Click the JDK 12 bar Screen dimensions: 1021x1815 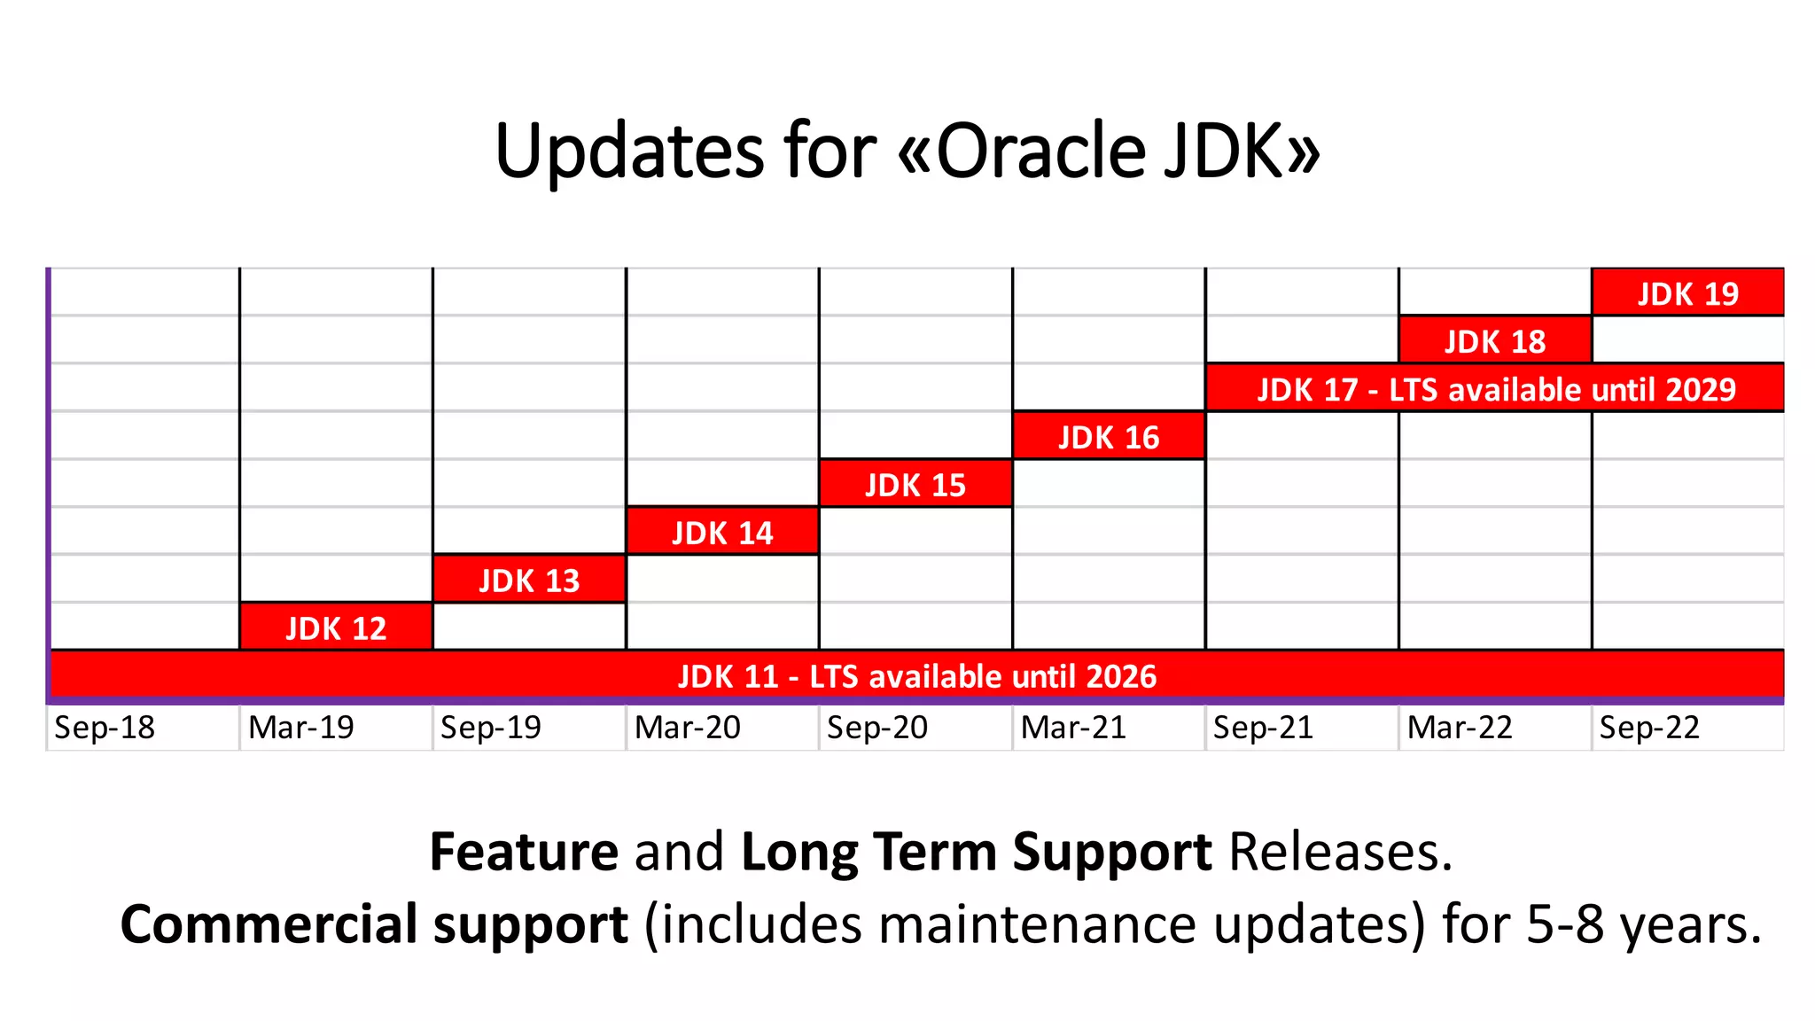(336, 627)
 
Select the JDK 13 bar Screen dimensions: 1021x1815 (529, 580)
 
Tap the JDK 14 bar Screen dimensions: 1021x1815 (722, 532)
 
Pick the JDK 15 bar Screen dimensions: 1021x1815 (915, 484)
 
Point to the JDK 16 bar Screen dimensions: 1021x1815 (1109, 436)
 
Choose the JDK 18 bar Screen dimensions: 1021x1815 (1495, 340)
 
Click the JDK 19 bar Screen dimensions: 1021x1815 (1687, 292)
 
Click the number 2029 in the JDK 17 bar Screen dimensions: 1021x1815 (1700, 389)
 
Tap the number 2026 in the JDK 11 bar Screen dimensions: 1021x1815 (1120, 676)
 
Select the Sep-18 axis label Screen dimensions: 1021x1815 (105, 728)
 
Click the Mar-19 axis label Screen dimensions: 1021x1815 (300, 728)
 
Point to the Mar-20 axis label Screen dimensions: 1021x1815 (687, 728)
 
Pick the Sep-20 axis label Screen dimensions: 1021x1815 (877, 728)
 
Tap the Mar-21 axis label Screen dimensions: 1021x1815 (1073, 728)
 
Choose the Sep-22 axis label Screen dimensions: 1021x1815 (1649, 728)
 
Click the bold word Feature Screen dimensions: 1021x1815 (524, 852)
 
